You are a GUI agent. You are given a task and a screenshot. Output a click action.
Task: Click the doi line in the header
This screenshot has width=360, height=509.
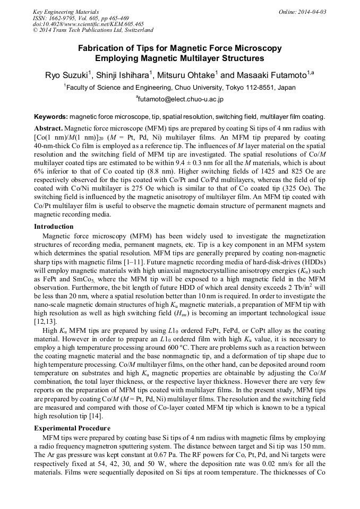point(88,24)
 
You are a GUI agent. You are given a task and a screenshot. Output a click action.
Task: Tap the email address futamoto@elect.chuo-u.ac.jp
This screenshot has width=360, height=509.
point(180,99)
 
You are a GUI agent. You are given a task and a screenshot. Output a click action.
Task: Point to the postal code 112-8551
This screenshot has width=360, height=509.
point(262,87)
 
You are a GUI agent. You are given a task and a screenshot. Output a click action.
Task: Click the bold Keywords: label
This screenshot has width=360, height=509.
point(51,116)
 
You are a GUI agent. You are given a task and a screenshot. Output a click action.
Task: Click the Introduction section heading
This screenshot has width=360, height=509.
point(54,227)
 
